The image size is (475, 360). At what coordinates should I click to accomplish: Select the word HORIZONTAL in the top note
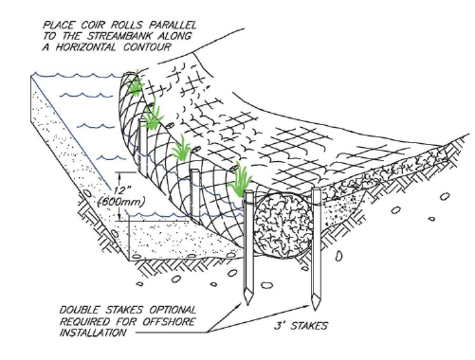pyautogui.click(x=85, y=47)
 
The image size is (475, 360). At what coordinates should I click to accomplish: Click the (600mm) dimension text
pyautogui.click(x=121, y=202)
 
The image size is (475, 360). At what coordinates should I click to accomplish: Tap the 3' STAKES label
pyautogui.click(x=301, y=326)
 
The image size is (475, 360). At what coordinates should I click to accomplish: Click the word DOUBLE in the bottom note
pyautogui.click(x=79, y=310)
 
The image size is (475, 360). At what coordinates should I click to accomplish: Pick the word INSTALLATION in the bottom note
pyautogui.click(x=93, y=333)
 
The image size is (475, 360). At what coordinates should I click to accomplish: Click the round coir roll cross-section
pyautogui.click(x=282, y=225)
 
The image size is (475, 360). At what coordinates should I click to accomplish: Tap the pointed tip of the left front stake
pyautogui.click(x=247, y=303)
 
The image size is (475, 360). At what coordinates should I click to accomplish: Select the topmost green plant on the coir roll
pyautogui.click(x=136, y=83)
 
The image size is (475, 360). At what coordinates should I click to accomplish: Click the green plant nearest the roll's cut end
pyautogui.click(x=241, y=181)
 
